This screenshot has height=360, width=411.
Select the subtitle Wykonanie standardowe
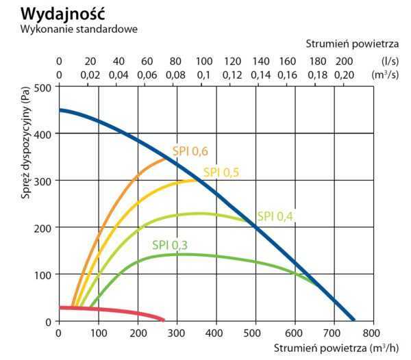pos(79,29)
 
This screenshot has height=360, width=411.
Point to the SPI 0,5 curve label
pos(221,172)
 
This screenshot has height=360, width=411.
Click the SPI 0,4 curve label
pos(275,216)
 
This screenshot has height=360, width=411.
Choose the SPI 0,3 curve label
pos(170,244)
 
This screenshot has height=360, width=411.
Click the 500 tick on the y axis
pos(43,87)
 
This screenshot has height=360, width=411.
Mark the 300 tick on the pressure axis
pos(43,181)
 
